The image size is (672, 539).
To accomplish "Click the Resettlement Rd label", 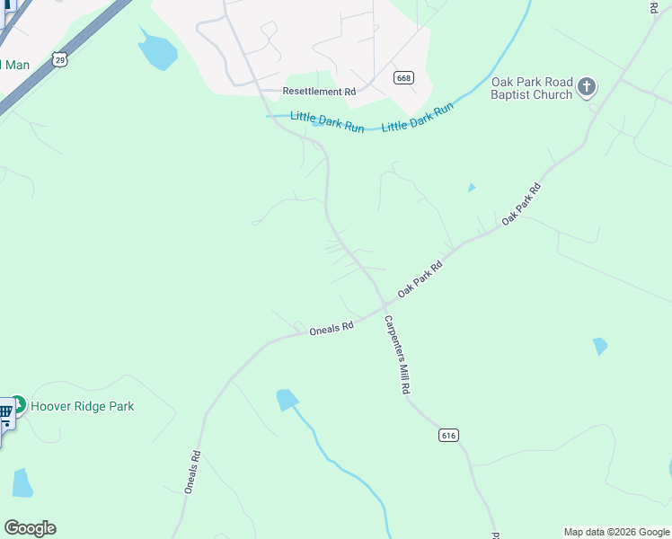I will [319, 92].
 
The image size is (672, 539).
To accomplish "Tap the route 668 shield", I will [403, 78].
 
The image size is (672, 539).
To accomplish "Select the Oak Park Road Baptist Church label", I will [532, 88].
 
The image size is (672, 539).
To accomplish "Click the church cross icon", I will [587, 87].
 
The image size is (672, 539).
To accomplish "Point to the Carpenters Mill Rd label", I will [398, 356].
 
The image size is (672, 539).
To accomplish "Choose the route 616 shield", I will [449, 435].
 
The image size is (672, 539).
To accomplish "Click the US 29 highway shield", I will [59, 59].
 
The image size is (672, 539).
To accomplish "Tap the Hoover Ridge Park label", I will [83, 406].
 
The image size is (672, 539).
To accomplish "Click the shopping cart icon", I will [4, 412].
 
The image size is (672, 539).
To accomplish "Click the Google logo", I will [30, 528].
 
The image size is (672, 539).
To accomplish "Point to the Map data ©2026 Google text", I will [617, 532].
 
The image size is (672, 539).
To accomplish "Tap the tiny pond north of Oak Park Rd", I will [472, 188].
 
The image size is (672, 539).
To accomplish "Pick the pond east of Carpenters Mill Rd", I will [600, 346].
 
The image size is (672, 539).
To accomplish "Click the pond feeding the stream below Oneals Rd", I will [287, 399].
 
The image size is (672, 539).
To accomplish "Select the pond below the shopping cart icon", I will [22, 483].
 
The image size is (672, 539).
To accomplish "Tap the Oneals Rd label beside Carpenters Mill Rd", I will [332, 329].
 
